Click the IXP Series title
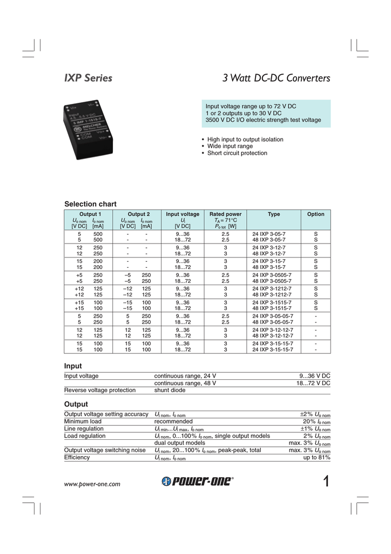89,78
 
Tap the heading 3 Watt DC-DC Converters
276,78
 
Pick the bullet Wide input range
230,146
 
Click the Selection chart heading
90,204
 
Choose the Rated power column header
225,214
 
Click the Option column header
316,214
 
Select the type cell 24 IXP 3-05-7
269,233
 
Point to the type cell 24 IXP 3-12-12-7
273,329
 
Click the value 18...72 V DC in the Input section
313,383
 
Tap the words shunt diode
170,390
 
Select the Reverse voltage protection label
100,390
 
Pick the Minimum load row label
83,421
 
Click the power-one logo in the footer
197,483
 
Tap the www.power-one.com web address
92,484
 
